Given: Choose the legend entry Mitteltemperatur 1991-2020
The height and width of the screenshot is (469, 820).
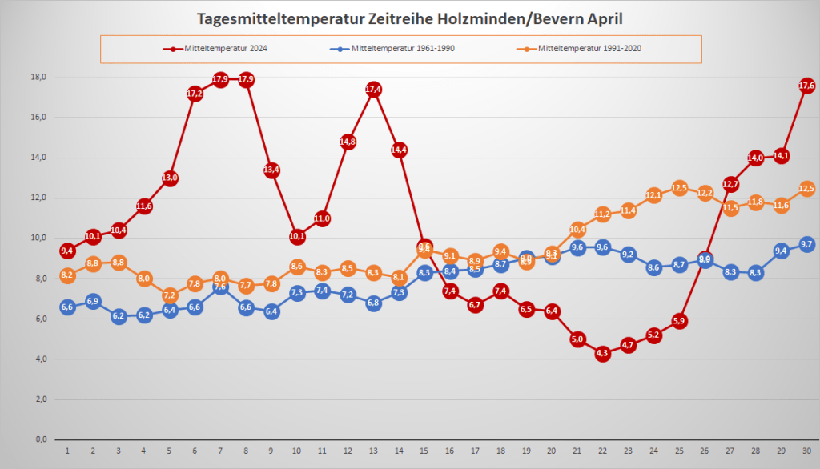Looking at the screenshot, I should point(589,49).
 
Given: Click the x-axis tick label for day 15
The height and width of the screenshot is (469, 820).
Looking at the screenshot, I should point(424,451).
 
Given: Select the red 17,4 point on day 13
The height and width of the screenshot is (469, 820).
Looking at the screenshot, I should point(373,90).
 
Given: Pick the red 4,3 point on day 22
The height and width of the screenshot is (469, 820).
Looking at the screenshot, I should point(603,353).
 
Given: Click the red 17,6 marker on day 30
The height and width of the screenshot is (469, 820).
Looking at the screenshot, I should point(806,86).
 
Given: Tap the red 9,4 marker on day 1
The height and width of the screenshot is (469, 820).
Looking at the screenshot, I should point(67,251).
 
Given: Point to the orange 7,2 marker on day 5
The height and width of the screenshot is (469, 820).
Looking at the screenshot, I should point(170,295).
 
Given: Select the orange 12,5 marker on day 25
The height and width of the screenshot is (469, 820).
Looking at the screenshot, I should point(680,188).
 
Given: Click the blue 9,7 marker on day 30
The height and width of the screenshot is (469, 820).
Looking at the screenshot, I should point(806,244).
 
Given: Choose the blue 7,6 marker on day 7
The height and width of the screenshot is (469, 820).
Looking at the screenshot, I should point(221,287).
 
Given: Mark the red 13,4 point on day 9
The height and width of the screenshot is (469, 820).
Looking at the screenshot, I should point(271,170).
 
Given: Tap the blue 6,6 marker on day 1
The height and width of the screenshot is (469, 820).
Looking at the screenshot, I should point(67,307).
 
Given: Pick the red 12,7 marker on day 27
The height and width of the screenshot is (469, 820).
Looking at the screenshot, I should point(730,184).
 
